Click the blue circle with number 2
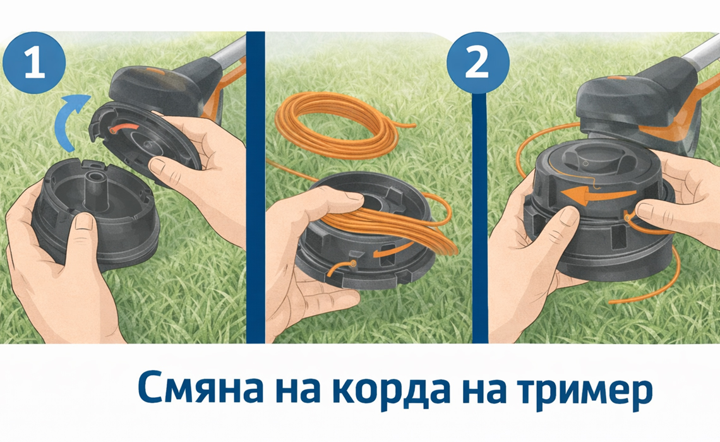click(478, 63)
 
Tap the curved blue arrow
click(69, 120)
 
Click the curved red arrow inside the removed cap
click(123, 127)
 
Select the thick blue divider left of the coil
click(256, 188)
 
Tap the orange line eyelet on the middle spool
click(352, 263)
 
